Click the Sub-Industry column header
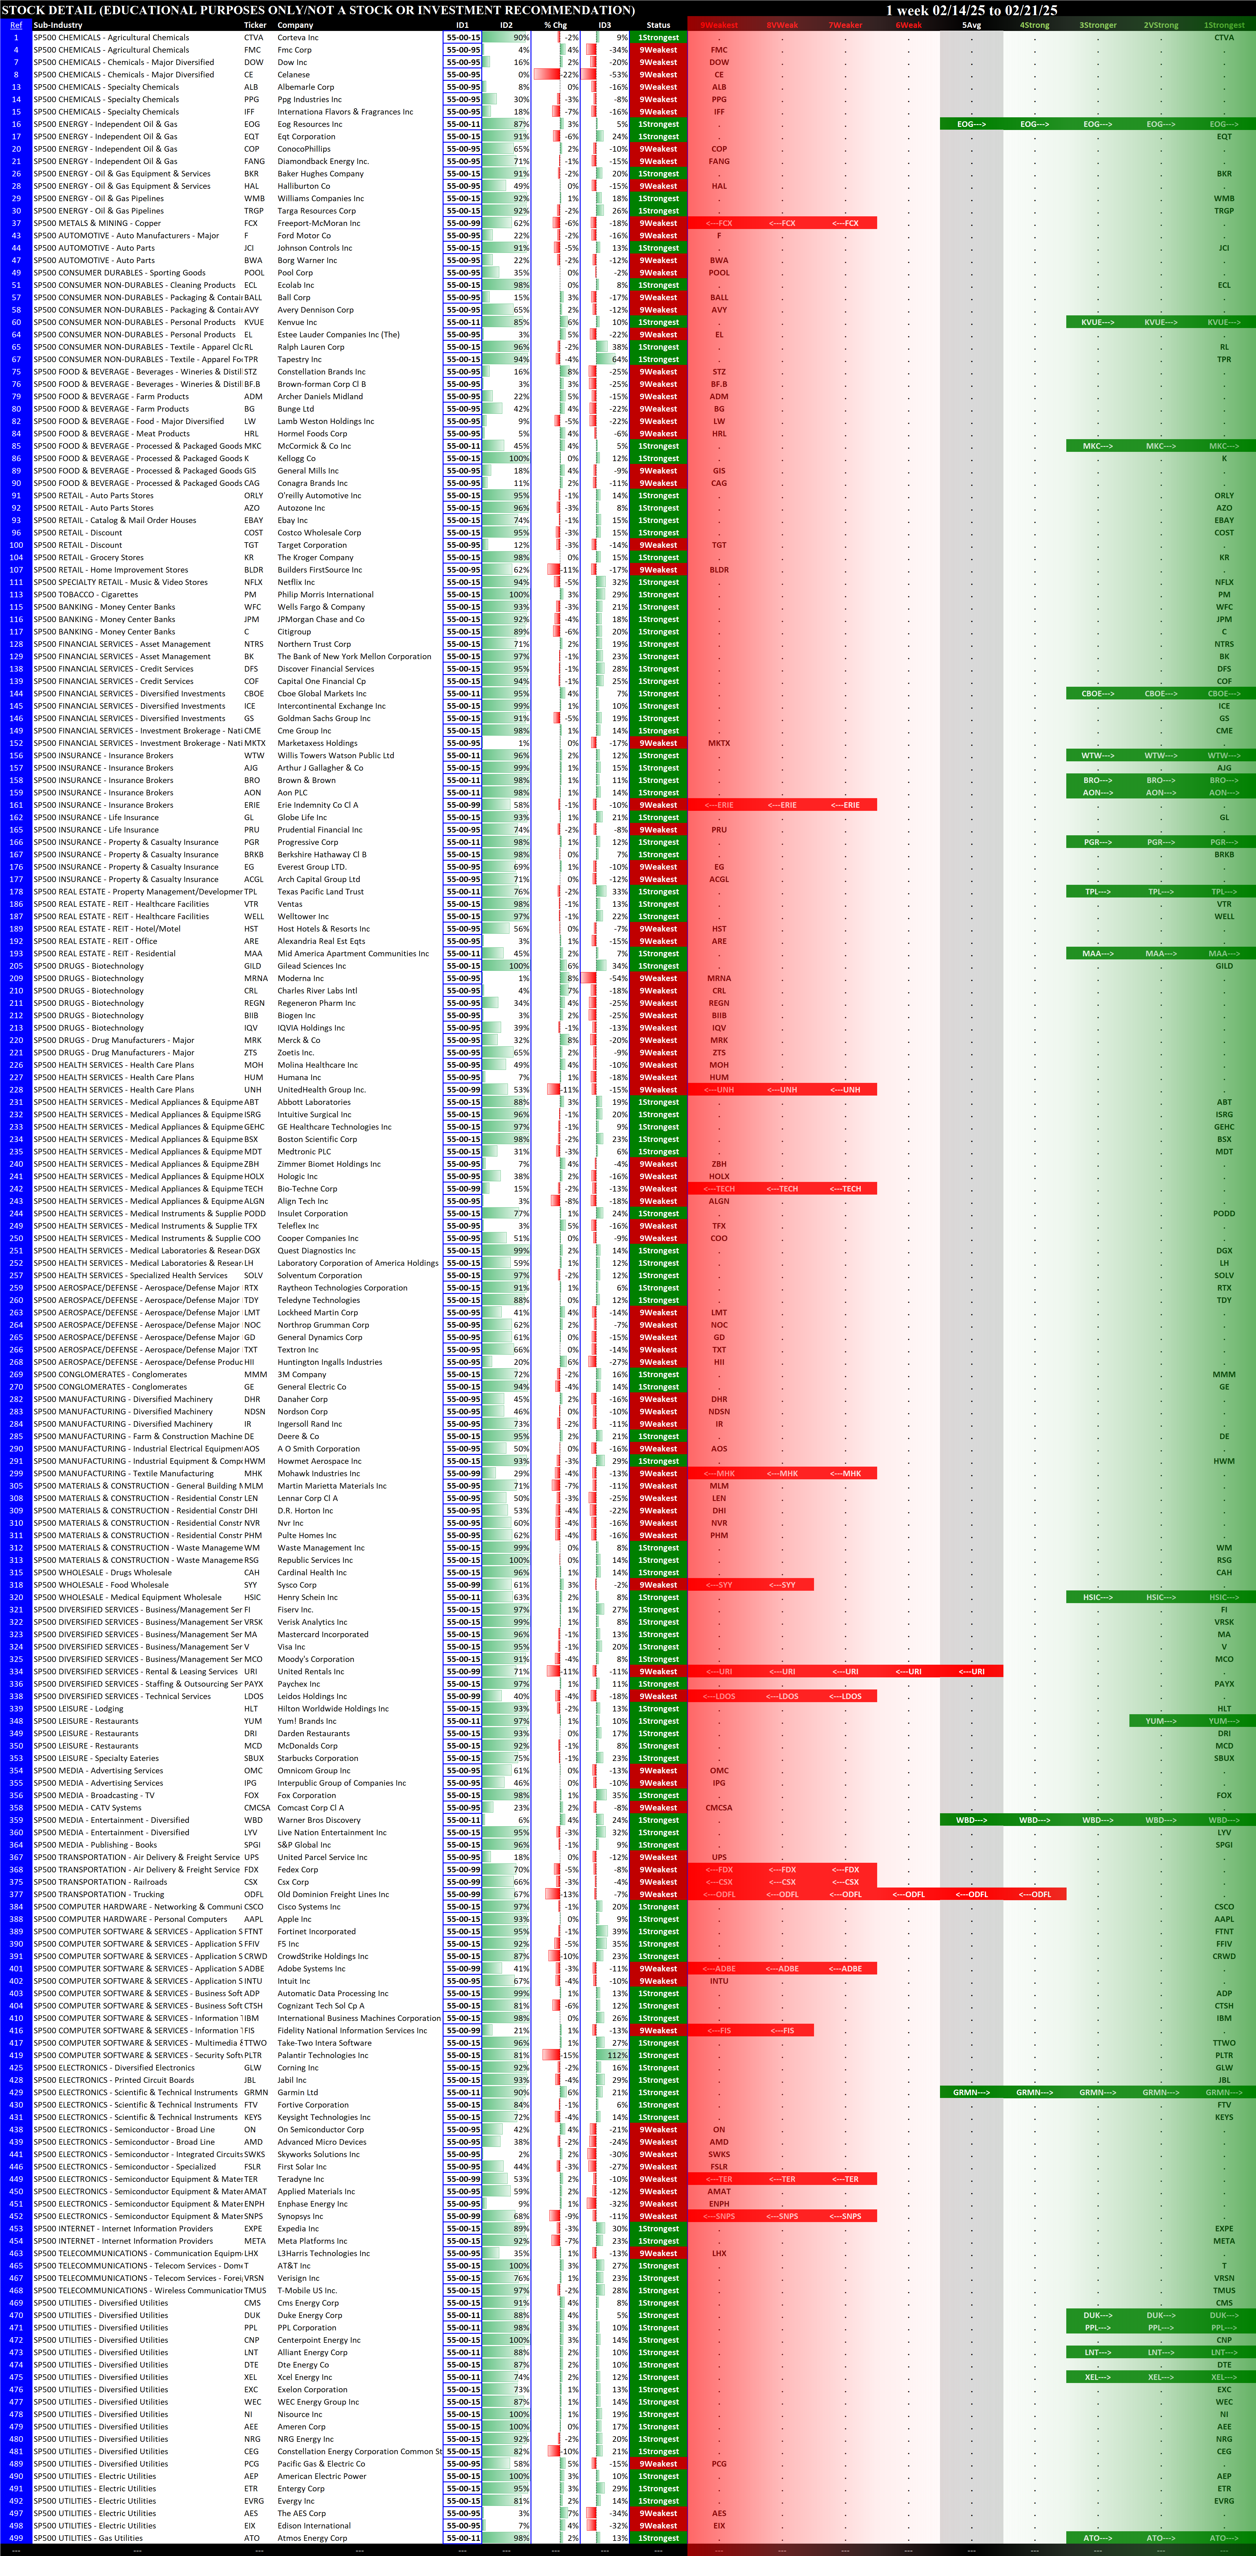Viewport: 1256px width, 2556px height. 58,25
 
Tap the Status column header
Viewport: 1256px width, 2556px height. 658,25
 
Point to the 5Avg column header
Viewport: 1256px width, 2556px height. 971,25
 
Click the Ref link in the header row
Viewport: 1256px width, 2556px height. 16,25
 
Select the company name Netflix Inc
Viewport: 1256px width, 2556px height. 295,582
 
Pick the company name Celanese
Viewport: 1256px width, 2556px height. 293,74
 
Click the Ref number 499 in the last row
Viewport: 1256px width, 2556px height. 16,2538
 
